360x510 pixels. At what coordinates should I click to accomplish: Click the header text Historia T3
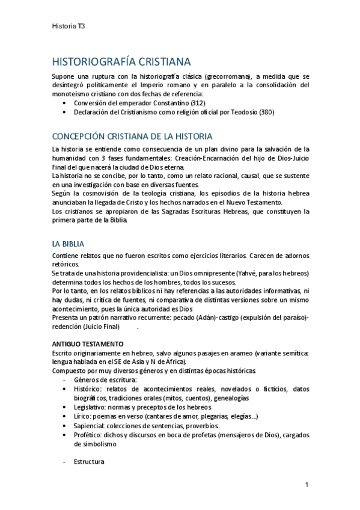69,26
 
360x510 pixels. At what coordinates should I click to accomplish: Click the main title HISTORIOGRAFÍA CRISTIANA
122,62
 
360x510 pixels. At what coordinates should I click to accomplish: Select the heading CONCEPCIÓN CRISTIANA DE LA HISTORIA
132,137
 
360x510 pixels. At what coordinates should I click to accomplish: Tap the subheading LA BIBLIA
68,244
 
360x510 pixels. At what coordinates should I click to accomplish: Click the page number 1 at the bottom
307,485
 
